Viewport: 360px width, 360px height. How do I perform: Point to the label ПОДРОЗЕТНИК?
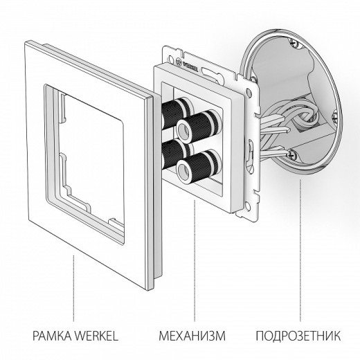coord(298,337)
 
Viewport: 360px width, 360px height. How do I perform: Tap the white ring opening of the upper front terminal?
coord(186,127)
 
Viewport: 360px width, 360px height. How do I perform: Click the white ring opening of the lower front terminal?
coord(185,169)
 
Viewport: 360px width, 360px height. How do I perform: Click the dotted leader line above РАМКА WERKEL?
coord(74,284)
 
